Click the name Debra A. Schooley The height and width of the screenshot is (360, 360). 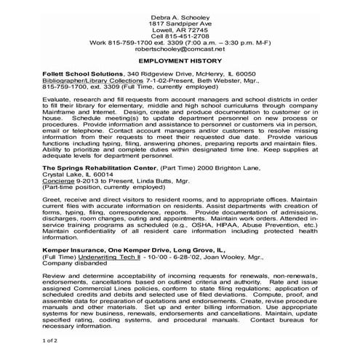tap(180, 16)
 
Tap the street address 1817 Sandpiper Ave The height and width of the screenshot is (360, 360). tap(180, 24)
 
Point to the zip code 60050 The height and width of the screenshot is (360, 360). tap(239, 74)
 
